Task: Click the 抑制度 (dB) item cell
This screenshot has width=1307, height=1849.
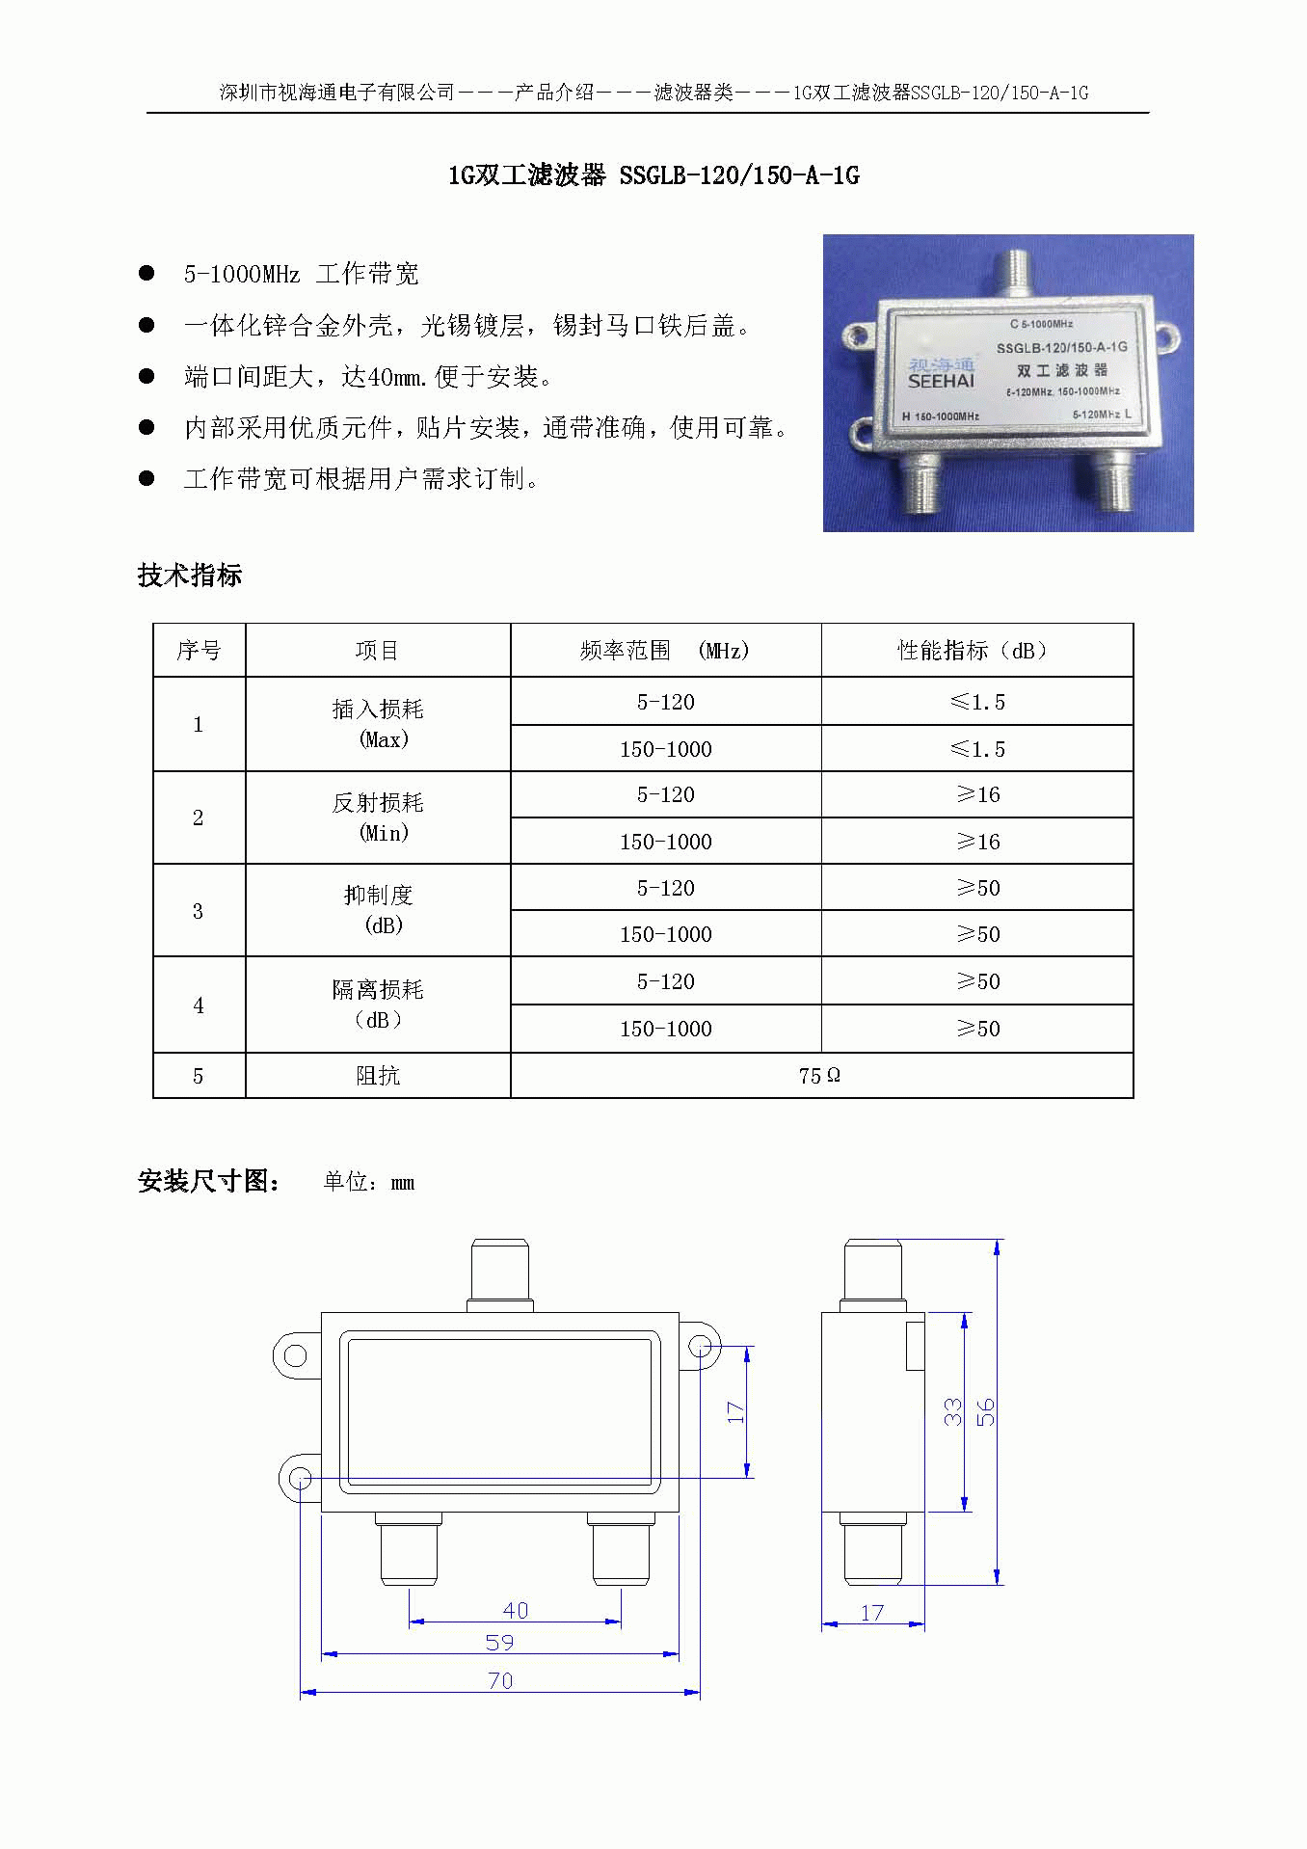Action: pos(378,910)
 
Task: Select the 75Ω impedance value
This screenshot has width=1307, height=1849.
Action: pos(819,1075)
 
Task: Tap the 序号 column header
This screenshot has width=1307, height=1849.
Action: pos(199,651)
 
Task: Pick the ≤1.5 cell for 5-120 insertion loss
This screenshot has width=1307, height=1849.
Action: pos(977,702)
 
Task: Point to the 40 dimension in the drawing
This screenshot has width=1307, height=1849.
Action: pos(516,1610)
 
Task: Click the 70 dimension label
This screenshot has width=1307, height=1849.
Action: pos(500,1680)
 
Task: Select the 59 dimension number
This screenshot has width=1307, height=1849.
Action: pos(499,1642)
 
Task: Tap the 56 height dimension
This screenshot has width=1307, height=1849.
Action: pos(985,1412)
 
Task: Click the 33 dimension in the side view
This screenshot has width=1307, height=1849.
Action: pos(952,1412)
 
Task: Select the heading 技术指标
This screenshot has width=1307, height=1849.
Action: pos(190,576)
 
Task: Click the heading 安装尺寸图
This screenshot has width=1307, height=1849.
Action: pos(209,1181)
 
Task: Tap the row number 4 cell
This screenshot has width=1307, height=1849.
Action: pos(199,1005)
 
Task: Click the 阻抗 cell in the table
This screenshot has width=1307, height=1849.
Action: pos(378,1075)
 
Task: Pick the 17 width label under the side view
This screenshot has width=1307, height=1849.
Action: pos(872,1613)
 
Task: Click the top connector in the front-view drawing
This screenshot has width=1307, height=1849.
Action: pos(500,1275)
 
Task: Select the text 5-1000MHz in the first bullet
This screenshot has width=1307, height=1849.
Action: pos(242,274)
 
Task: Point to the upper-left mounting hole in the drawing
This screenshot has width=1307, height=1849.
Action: pos(296,1355)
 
